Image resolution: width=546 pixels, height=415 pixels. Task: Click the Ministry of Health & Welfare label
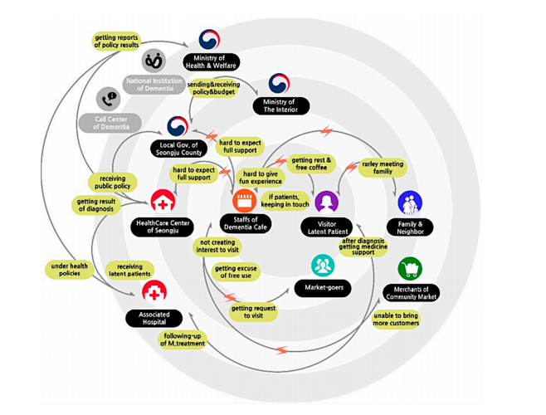(211, 62)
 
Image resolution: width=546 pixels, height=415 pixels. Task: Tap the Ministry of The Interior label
(280, 106)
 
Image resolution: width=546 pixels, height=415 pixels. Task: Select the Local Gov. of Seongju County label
(178, 149)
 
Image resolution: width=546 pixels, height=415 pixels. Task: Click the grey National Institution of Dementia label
(154, 85)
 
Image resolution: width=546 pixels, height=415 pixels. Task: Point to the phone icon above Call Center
(109, 100)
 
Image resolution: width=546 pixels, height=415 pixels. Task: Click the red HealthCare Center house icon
(163, 202)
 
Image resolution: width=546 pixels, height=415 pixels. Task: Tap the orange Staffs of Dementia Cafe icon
(245, 201)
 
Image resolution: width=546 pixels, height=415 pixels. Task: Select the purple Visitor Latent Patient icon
(327, 202)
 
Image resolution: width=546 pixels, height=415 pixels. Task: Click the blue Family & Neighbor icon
(410, 203)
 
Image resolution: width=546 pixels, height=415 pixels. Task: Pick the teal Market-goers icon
(323, 266)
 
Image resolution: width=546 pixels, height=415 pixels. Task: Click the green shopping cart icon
(410, 269)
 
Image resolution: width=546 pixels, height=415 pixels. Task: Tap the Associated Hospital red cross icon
(154, 291)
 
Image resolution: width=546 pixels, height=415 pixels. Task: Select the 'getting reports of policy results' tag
(116, 41)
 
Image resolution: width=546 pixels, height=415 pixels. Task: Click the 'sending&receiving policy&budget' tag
(213, 88)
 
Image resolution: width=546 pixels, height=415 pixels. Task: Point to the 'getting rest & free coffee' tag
(311, 164)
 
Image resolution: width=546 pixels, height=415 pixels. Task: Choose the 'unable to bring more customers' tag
(396, 320)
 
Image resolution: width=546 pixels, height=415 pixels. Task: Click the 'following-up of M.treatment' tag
(183, 339)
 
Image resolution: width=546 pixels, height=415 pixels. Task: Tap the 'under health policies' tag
(70, 270)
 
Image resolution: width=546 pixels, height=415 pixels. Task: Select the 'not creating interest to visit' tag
(217, 247)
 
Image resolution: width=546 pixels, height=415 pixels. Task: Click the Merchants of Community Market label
(411, 293)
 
